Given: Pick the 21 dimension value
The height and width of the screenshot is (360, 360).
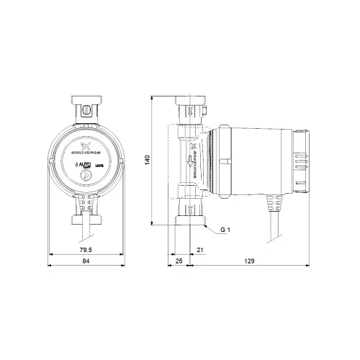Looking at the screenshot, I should tap(199, 251).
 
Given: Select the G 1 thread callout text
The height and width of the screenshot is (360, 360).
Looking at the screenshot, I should tap(225, 230).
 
